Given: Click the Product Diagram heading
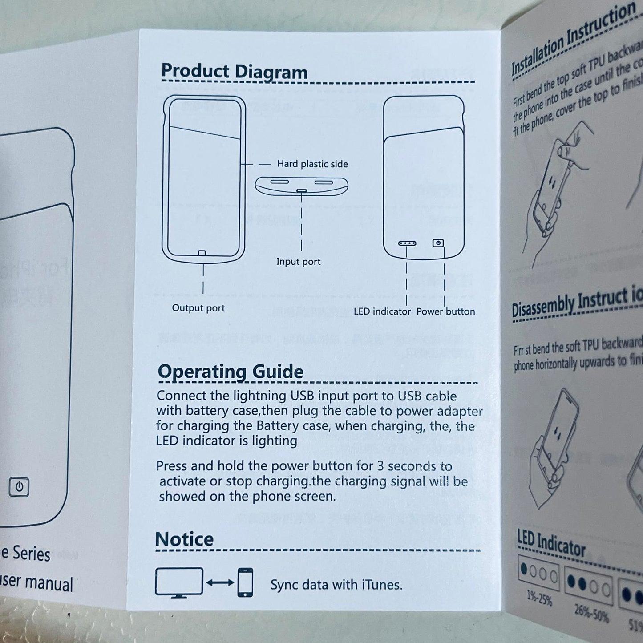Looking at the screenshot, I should coord(234,72).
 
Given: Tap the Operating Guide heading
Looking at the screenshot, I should coord(231,372).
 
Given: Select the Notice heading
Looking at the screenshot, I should coord(184,539).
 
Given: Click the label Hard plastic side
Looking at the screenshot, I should coord(312,164).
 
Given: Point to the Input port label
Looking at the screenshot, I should coord(298,262).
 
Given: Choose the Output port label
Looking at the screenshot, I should coord(198,308).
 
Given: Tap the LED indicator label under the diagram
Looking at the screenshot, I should coord(382,311).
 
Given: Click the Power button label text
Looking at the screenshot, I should coord(445,311).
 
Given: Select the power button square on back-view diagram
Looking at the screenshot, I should coord(438,243).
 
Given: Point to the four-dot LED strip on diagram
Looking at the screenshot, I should coord(407,243).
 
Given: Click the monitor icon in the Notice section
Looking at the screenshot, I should coord(179,582).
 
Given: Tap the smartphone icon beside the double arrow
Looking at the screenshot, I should coord(245,582).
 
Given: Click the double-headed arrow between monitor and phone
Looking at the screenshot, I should coord(220,582).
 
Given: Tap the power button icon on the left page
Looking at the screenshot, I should coord(19,487).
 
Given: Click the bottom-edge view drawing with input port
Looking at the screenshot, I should coord(301,186).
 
